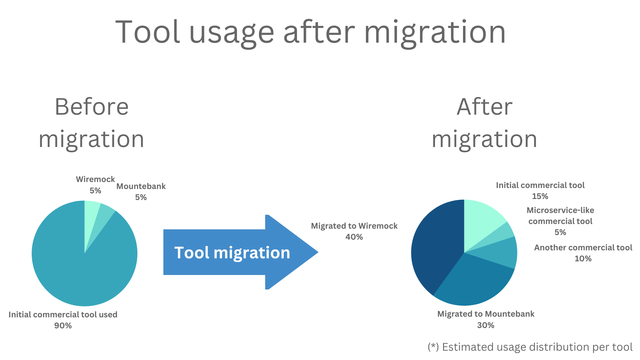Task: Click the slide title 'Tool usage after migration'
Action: (x=310, y=32)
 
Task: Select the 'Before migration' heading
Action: (x=91, y=123)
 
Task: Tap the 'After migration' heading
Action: (x=484, y=123)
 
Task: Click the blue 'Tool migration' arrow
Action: (x=241, y=252)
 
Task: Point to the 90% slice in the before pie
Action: (x=80, y=267)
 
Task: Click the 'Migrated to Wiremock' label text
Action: (x=354, y=226)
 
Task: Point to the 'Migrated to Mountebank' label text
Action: (x=486, y=314)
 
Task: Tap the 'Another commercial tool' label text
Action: (x=583, y=248)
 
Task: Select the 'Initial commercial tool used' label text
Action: (x=63, y=315)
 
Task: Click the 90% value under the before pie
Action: (x=63, y=326)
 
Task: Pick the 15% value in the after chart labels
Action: (x=540, y=196)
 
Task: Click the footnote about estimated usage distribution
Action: (x=530, y=347)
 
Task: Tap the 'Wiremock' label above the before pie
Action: (x=95, y=179)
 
